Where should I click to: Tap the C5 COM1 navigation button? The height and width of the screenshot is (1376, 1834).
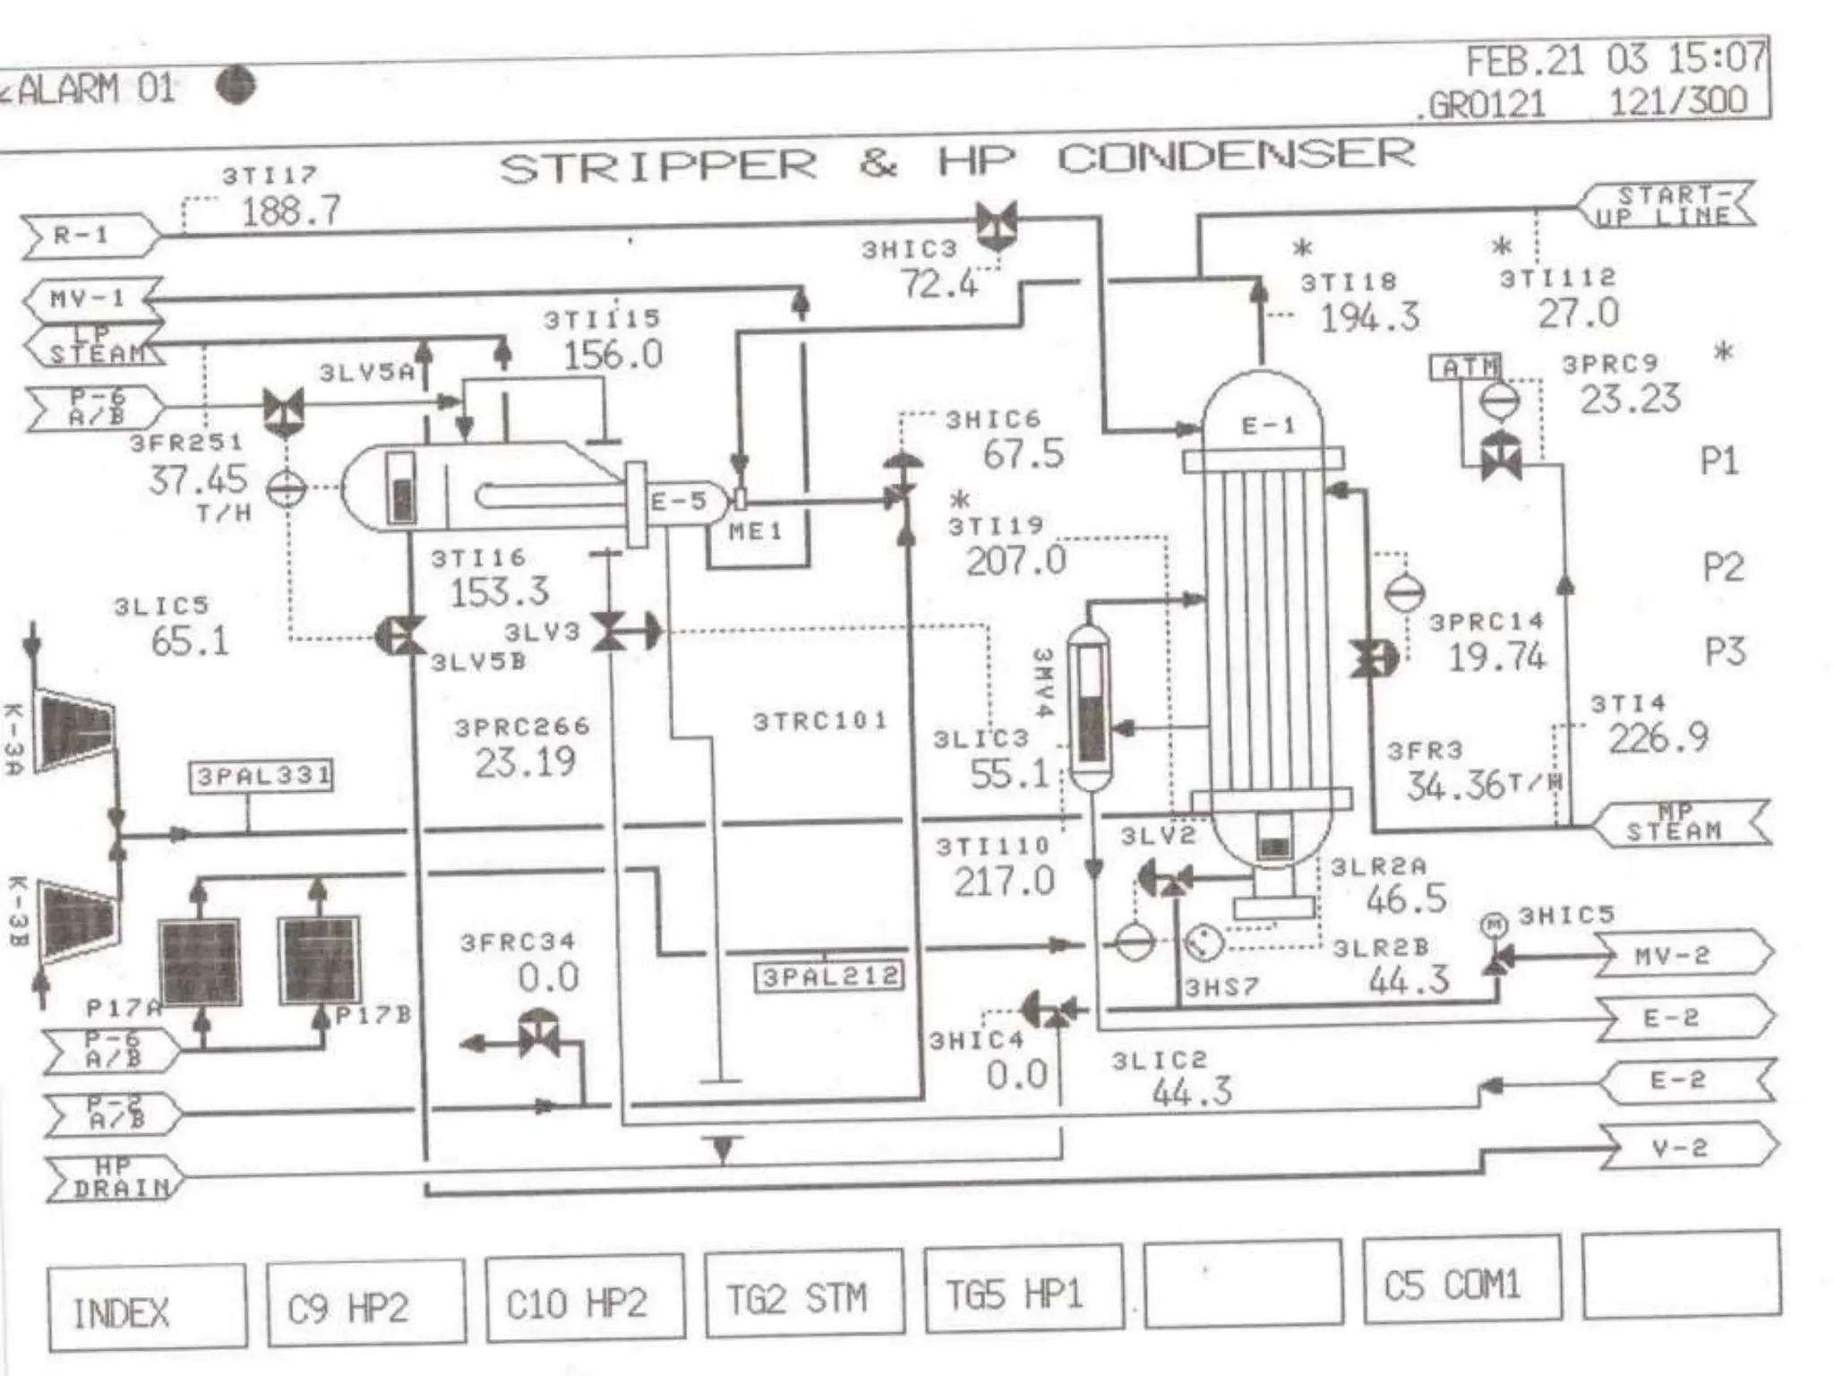click(1461, 1283)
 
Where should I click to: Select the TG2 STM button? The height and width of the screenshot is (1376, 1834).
click(803, 1295)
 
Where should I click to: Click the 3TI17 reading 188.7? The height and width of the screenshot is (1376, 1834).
click(291, 211)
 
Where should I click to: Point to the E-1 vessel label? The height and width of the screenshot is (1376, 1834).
click(1268, 426)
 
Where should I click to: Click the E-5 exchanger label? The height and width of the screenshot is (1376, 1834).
click(678, 501)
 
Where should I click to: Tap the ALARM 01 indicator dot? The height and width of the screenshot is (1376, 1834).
click(236, 86)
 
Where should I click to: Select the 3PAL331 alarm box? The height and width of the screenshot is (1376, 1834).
click(261, 776)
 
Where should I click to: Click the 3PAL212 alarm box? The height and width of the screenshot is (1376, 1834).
click(829, 976)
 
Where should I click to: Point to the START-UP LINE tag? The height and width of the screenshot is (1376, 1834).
click(1671, 205)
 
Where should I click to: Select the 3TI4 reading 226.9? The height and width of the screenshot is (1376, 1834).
click(1658, 738)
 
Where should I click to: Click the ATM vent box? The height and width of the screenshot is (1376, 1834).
click(1469, 366)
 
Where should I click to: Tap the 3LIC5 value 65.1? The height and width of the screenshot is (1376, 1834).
click(190, 641)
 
